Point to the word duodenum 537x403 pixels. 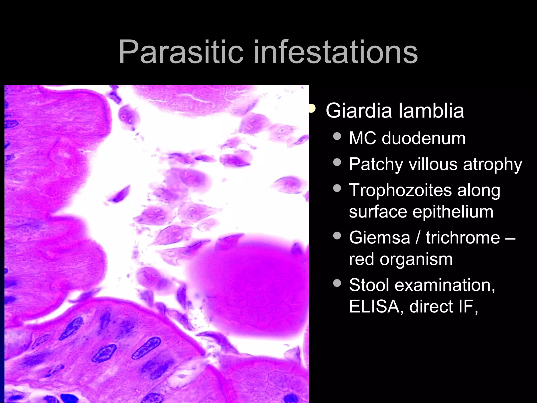click(423, 138)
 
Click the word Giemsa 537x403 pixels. click(379, 238)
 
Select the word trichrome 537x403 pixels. click(463, 238)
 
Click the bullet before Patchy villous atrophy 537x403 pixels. click(337, 162)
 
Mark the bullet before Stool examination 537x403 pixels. click(337, 283)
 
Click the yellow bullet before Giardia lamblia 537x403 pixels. click(312, 109)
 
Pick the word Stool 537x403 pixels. click(369, 285)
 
